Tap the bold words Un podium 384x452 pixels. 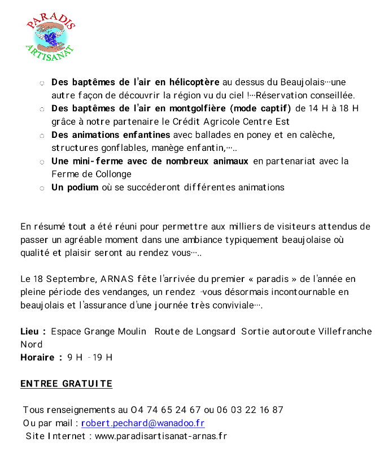(x=75, y=187)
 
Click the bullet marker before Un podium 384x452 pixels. (x=42, y=188)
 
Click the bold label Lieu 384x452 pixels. (x=29, y=331)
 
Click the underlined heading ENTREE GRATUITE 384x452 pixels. (x=66, y=384)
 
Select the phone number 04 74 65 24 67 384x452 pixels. (x=166, y=410)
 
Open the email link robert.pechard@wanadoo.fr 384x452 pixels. (x=143, y=423)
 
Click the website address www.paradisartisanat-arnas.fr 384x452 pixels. (x=160, y=436)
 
